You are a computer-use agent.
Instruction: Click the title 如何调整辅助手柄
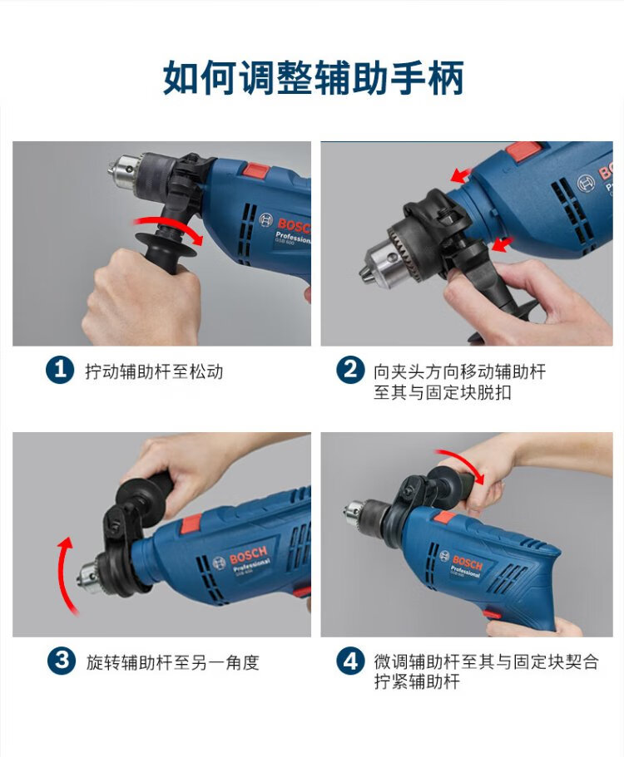point(313,77)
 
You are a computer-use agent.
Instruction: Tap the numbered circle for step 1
point(60,371)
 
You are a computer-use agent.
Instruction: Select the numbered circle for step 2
point(350,371)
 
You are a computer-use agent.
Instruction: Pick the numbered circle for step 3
point(62,661)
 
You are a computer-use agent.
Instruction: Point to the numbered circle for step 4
point(350,661)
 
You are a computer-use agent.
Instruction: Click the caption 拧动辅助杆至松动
point(154,371)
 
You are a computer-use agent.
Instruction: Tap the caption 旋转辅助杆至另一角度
point(172,662)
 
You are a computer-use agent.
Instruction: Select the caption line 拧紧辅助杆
point(417,681)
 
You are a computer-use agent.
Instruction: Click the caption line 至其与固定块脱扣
point(443,392)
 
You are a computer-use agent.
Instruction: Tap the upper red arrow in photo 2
point(461,175)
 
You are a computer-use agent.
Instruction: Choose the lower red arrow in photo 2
point(503,244)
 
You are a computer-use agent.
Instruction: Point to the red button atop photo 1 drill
point(256,170)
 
